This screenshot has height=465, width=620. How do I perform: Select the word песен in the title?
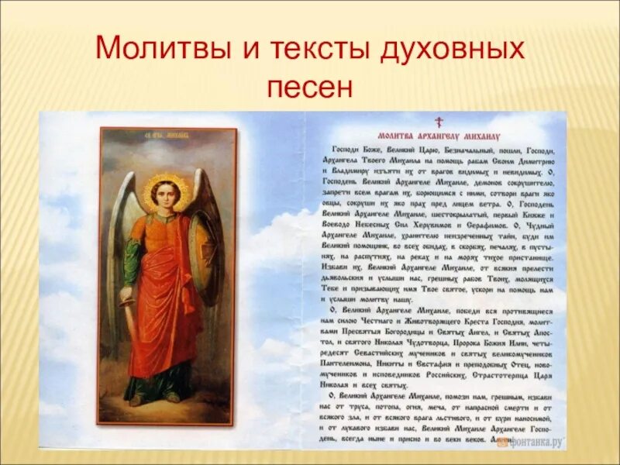tap(309, 85)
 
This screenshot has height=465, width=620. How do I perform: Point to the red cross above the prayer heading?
tap(438, 121)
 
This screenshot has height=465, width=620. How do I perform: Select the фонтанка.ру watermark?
tap(535, 441)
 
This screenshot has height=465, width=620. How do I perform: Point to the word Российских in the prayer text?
tap(443, 374)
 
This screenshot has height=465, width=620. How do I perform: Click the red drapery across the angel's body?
tap(167, 310)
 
